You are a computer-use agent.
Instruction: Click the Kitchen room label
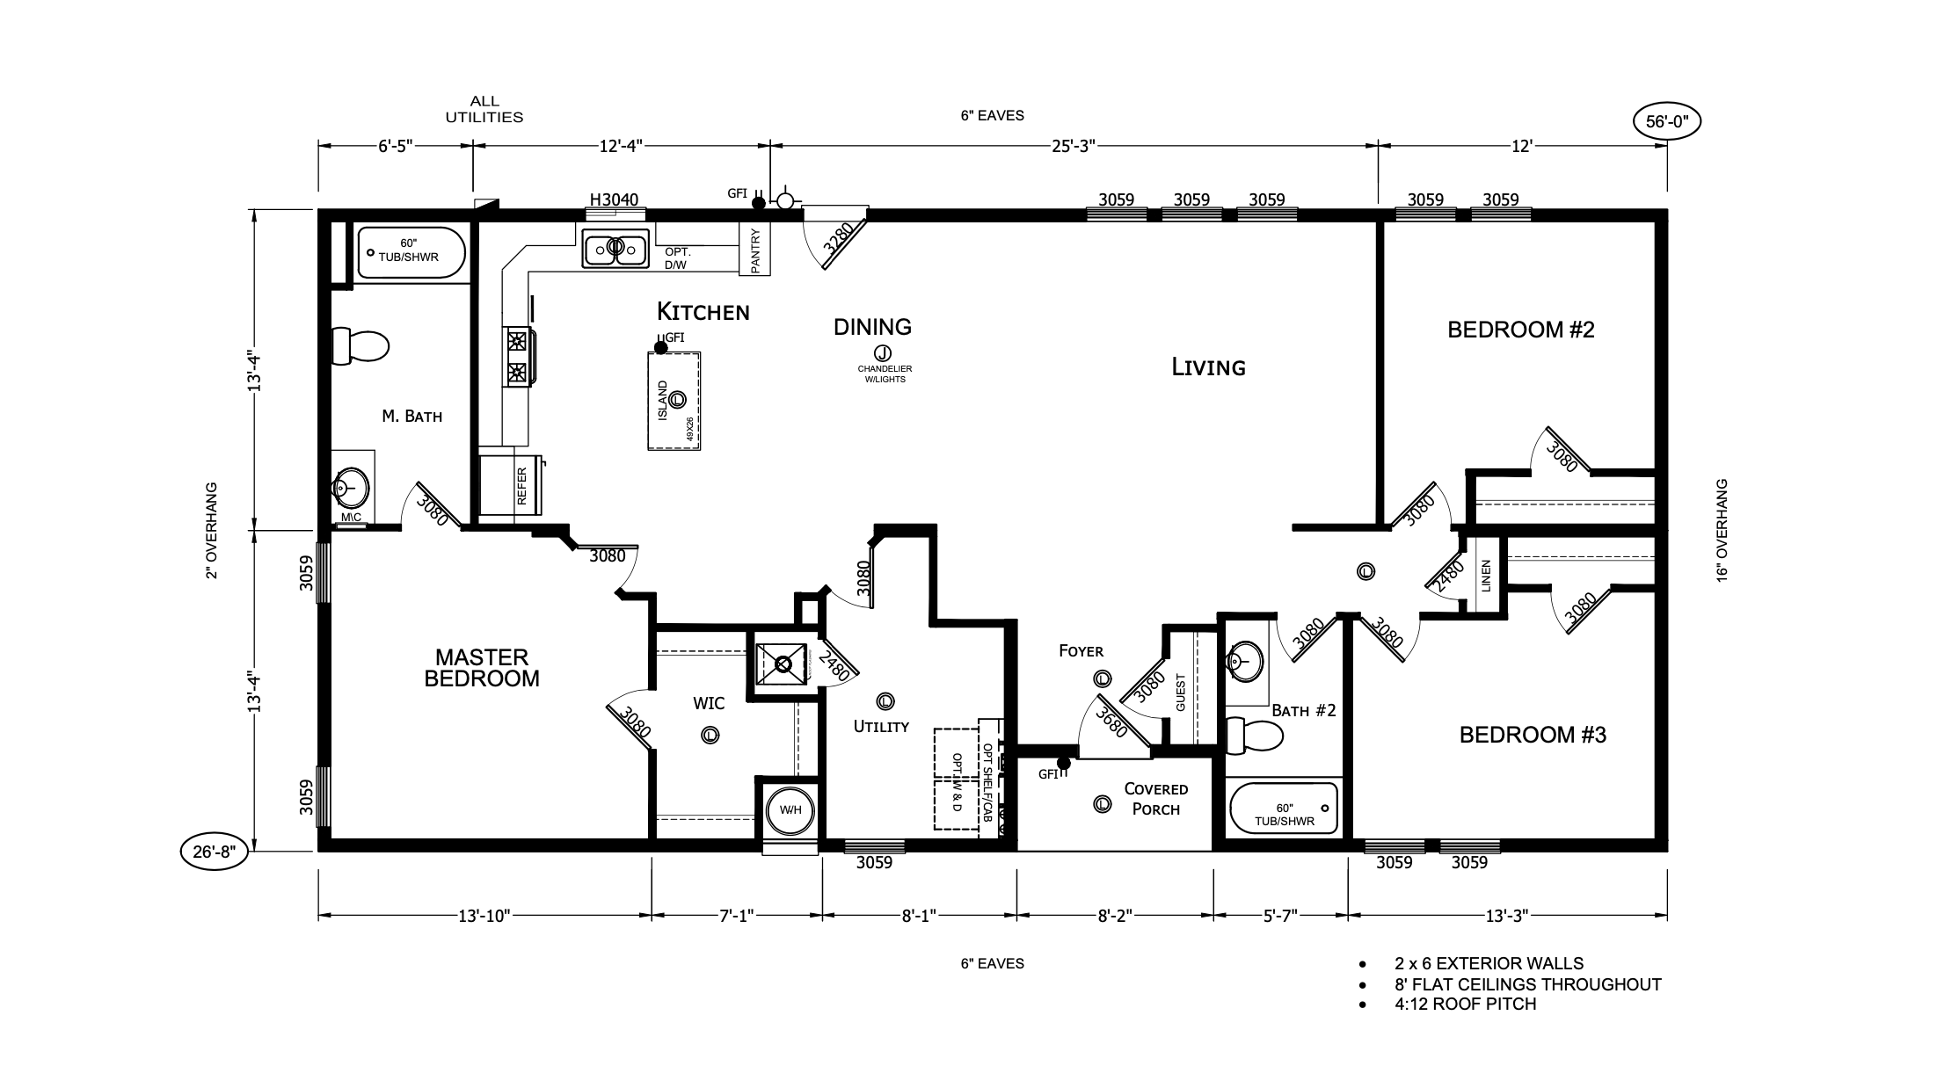[x=703, y=311]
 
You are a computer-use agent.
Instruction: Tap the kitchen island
[x=674, y=401]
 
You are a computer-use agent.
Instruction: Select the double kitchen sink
[x=615, y=249]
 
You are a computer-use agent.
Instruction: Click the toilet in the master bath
[x=360, y=345]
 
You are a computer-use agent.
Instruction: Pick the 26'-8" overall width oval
[x=215, y=852]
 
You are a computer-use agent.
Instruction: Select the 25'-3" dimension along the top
[x=1072, y=146]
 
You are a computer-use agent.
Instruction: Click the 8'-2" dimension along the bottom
[x=1115, y=916]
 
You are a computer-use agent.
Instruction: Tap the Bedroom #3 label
[x=1533, y=735]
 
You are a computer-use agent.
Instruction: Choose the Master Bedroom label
[x=481, y=668]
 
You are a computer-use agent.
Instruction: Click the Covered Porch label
[x=1156, y=799]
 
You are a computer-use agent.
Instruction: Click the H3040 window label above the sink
[x=614, y=199]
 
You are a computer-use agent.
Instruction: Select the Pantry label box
[x=754, y=249]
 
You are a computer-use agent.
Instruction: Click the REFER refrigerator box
[x=522, y=485]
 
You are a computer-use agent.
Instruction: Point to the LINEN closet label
[x=1486, y=576]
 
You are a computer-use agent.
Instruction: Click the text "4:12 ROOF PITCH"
[x=1465, y=1004]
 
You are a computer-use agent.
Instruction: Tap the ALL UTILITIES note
[x=484, y=109]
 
